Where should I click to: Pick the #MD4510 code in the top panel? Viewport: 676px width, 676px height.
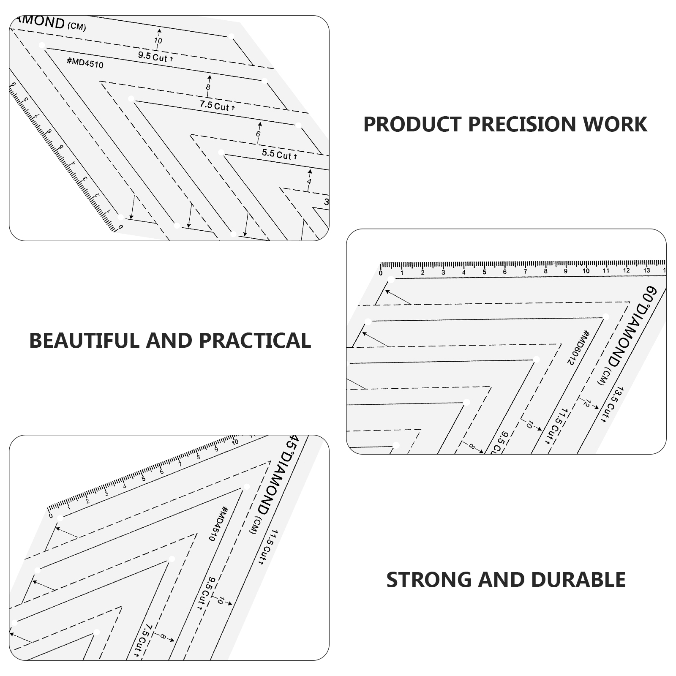click(x=85, y=63)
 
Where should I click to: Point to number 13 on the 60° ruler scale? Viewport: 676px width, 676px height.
click(x=646, y=271)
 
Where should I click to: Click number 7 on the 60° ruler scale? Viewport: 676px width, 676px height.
click(x=525, y=272)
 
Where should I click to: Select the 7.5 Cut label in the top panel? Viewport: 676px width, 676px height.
click(x=217, y=106)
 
